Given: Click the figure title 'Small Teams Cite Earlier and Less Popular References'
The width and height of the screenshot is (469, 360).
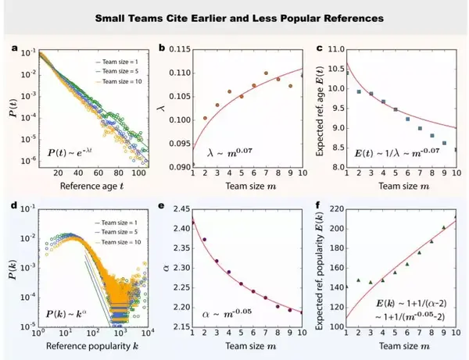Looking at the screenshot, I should [x=234, y=16].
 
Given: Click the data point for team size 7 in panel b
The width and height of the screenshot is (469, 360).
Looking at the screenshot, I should [x=266, y=73].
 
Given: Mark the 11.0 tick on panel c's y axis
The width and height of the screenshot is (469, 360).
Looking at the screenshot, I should [x=331, y=48].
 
